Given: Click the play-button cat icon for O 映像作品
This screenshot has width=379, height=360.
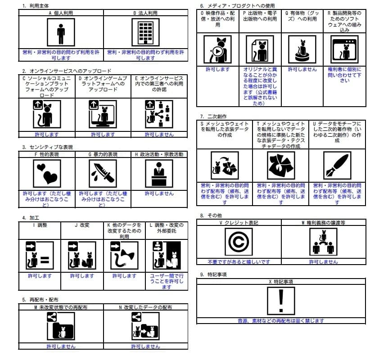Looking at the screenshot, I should pyautogui.click(x=217, y=49).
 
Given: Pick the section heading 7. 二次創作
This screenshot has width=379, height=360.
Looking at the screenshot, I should pyautogui.click(x=212, y=116).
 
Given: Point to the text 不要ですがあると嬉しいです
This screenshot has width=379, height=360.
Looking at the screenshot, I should pyautogui.click(x=239, y=261).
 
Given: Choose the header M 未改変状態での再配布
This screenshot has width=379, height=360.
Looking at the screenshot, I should pyautogui.click(x=61, y=307).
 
